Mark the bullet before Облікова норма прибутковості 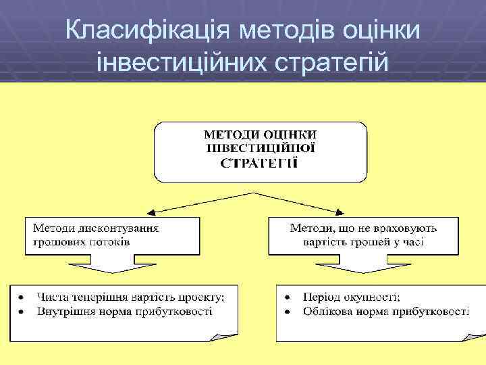click(x=288, y=312)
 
